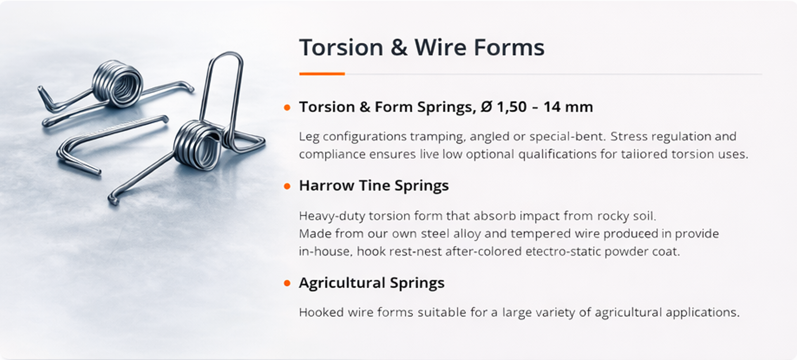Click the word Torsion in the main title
click(341, 48)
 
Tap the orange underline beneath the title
click(322, 74)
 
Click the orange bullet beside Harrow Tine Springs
click(287, 186)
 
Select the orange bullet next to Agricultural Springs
click(287, 283)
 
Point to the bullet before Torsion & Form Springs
click(287, 107)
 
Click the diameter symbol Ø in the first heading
click(486, 107)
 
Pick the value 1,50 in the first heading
click(511, 107)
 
